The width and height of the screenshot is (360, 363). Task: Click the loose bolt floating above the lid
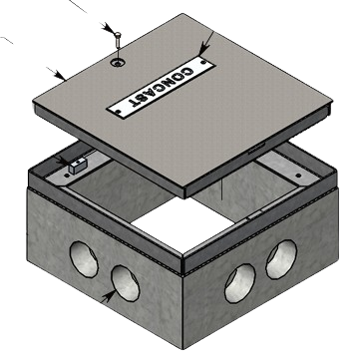click(116, 39)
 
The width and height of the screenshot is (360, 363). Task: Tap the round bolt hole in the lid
click(118, 62)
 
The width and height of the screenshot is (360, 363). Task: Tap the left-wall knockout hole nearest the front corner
click(125, 283)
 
